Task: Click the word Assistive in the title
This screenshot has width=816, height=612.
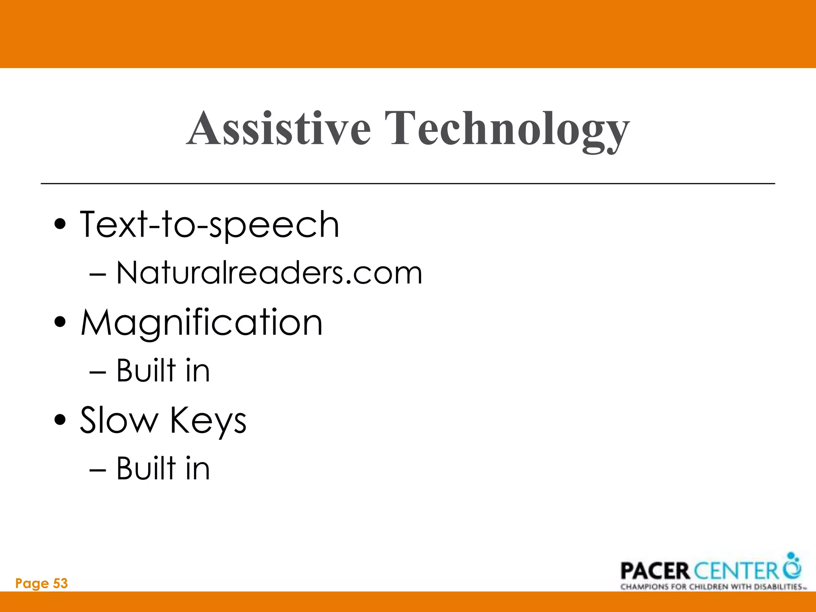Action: [279, 128]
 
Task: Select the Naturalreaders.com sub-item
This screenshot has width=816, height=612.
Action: [269, 273]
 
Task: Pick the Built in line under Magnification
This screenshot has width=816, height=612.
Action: [163, 371]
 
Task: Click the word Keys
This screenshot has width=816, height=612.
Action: [208, 422]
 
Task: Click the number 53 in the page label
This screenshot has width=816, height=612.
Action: [60, 583]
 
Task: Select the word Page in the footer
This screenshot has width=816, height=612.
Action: [32, 584]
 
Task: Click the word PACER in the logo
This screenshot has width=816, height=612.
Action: [655, 571]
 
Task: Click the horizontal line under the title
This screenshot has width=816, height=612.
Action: [408, 183]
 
